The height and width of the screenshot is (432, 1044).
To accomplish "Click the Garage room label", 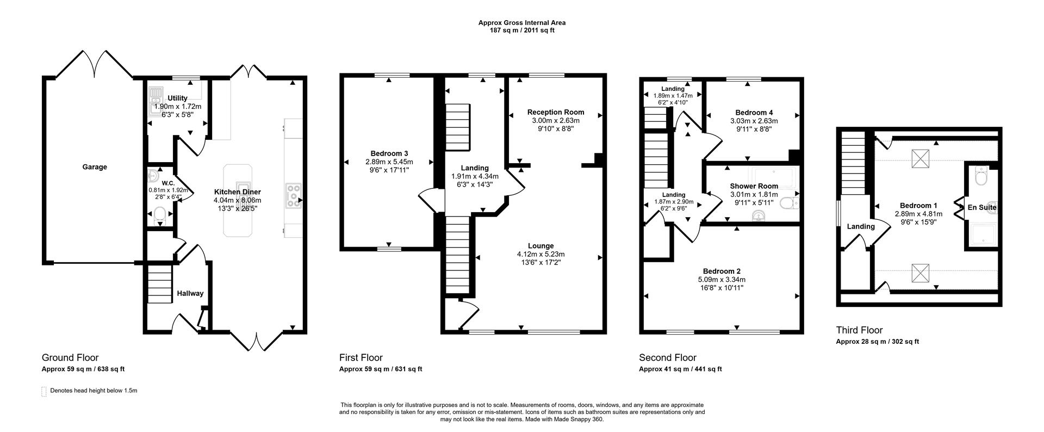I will (94, 167).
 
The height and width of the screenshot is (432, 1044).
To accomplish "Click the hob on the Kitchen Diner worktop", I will (294, 196).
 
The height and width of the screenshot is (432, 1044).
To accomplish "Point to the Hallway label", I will (190, 293).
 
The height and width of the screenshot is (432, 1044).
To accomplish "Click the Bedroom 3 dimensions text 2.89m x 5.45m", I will (389, 162).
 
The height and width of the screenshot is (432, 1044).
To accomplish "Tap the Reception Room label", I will (556, 112).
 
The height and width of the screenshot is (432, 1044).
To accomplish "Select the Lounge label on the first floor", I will (540, 246).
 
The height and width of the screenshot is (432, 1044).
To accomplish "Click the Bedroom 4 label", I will (754, 113).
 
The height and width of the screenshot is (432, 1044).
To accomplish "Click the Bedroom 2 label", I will (722, 271).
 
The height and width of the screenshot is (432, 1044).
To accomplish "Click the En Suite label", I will (981, 207).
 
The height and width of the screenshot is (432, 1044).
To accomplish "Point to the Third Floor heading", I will (859, 330).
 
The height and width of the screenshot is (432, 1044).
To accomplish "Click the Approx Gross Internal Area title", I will (521, 23).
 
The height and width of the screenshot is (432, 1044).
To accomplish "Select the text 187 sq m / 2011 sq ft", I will (521, 30).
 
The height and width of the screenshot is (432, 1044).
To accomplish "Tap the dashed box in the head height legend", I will (43, 391).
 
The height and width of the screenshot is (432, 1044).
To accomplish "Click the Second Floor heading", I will (667, 357).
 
